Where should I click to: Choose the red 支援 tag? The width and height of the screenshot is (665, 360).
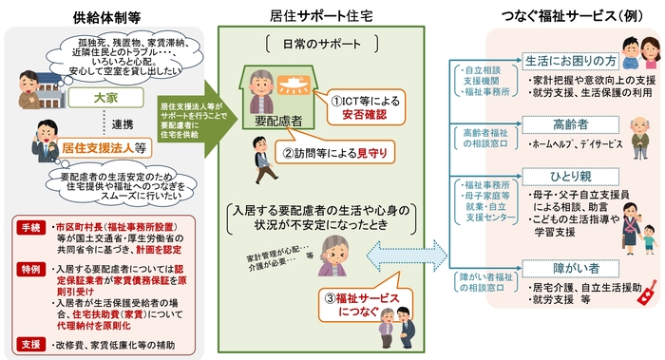pos(28,340)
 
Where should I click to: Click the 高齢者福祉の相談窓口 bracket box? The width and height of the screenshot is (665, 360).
pos(484,140)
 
